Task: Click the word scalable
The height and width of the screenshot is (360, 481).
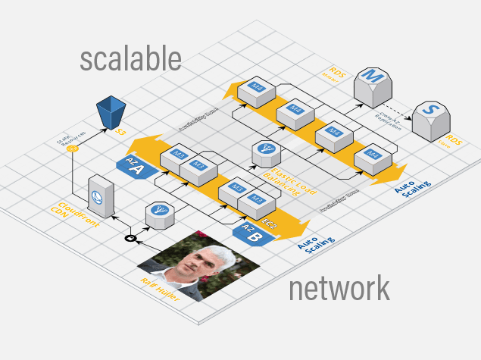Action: pos(130,60)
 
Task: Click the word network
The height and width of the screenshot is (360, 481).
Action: pos(339,289)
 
